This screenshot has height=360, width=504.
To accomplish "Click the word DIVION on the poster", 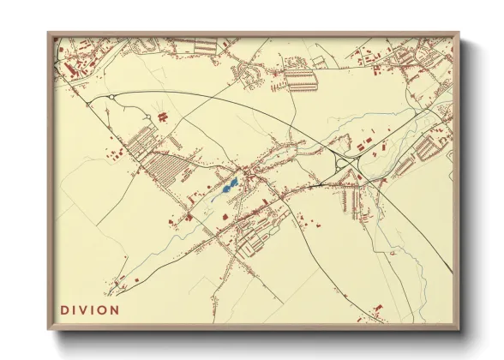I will click(x=90, y=309).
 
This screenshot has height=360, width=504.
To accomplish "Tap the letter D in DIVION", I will click(x=64, y=309).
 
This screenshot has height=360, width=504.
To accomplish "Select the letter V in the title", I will click(x=86, y=309).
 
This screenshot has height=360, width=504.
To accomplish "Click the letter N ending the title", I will click(x=116, y=309).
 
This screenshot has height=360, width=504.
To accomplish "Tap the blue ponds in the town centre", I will click(x=229, y=184).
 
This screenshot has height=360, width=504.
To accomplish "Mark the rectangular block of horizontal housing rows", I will click(x=300, y=81).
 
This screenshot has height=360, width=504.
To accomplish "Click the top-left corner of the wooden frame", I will click(x=49, y=34).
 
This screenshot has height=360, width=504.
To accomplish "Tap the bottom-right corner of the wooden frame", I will click(x=459, y=330).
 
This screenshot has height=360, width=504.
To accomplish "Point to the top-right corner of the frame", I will click(x=459, y=34).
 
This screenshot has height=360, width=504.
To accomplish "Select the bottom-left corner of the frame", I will click(x=49, y=330).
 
